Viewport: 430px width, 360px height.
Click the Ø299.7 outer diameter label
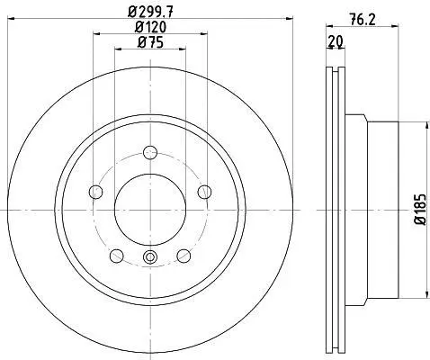(150, 13)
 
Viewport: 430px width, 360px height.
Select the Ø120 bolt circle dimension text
(150, 28)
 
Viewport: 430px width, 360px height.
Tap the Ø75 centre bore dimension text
(150, 42)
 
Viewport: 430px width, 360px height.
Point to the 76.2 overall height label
(363, 20)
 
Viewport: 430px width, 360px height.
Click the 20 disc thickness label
(336, 41)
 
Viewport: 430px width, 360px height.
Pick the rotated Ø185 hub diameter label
(420, 210)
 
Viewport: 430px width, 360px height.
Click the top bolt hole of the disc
(150, 152)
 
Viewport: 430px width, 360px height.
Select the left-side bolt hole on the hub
(96, 192)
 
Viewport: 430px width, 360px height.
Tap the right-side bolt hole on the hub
(205, 192)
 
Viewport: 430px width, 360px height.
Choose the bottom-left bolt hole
(117, 256)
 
